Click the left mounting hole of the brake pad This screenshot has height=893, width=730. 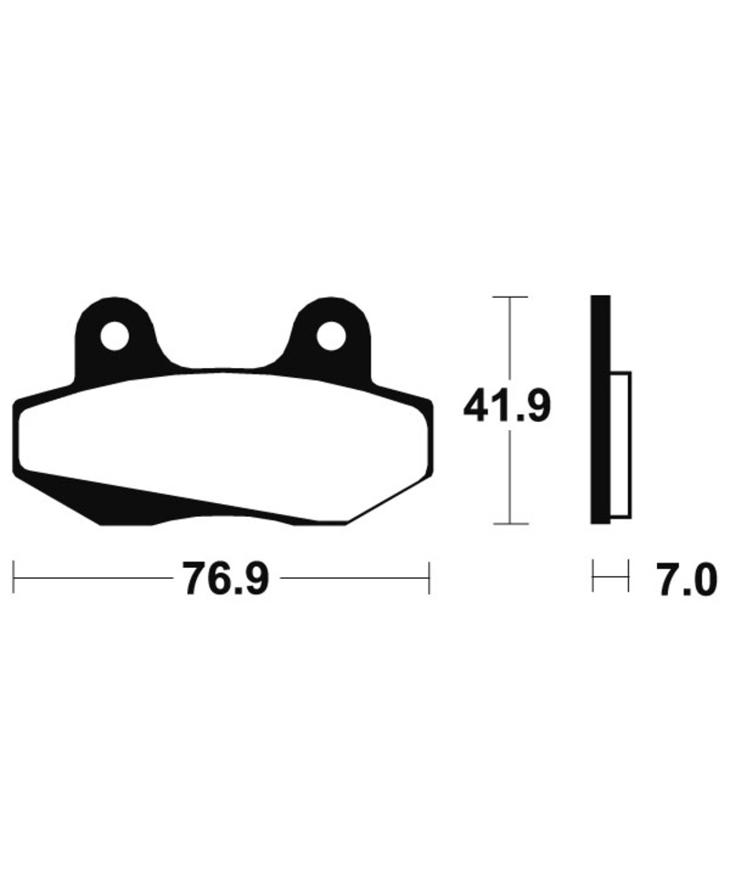tap(114, 336)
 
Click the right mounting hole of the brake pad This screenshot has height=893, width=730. tap(332, 336)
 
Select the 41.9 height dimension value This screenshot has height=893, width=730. tap(507, 406)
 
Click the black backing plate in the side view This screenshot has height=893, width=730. tap(600, 409)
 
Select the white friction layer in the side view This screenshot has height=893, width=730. tap(621, 446)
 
